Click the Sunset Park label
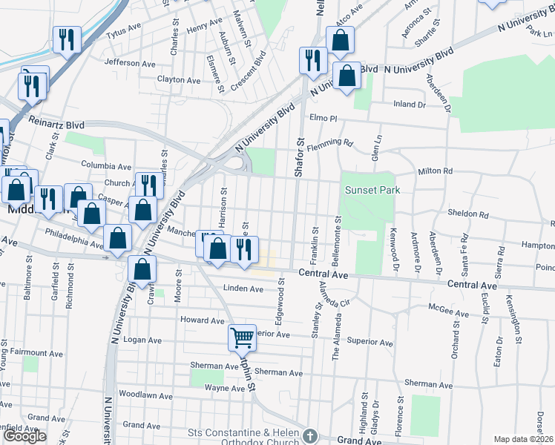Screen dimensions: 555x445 click(x=372, y=190)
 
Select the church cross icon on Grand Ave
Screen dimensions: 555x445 click(x=310, y=436)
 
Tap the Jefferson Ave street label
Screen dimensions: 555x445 click(x=130, y=63)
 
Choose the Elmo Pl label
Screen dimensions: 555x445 click(x=324, y=118)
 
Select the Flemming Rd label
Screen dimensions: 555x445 click(x=332, y=142)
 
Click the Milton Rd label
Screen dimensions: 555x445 click(x=435, y=171)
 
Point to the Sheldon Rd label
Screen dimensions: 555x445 click(x=468, y=214)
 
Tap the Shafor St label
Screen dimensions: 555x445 click(x=300, y=156)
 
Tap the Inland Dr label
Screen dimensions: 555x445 click(x=410, y=105)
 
